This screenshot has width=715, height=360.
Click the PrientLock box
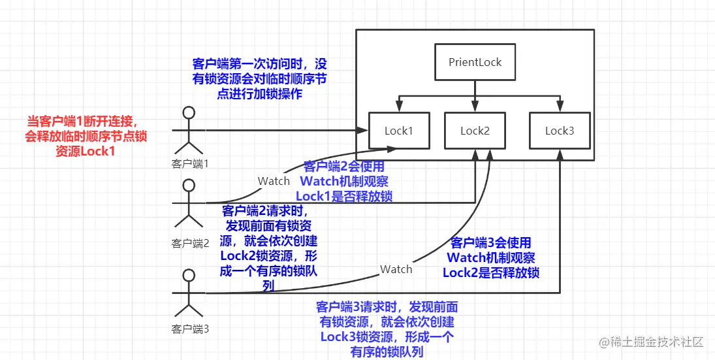coord(475,63)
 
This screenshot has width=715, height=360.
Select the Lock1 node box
coord(398,131)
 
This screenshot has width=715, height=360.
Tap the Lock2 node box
coord(475,131)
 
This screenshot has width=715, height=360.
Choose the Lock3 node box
coord(560,131)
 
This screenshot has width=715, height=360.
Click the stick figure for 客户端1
coord(189,131)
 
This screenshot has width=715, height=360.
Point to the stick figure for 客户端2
coord(189,203)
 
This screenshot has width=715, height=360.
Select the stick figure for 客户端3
coord(189,293)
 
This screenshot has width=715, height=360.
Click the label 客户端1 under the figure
coord(190,163)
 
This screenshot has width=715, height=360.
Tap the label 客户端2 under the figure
coord(190,244)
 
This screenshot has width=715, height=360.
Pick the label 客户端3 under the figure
coord(190,329)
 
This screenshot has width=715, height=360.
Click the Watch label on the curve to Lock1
coord(274,181)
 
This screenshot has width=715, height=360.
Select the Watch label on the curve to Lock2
coord(396,269)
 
